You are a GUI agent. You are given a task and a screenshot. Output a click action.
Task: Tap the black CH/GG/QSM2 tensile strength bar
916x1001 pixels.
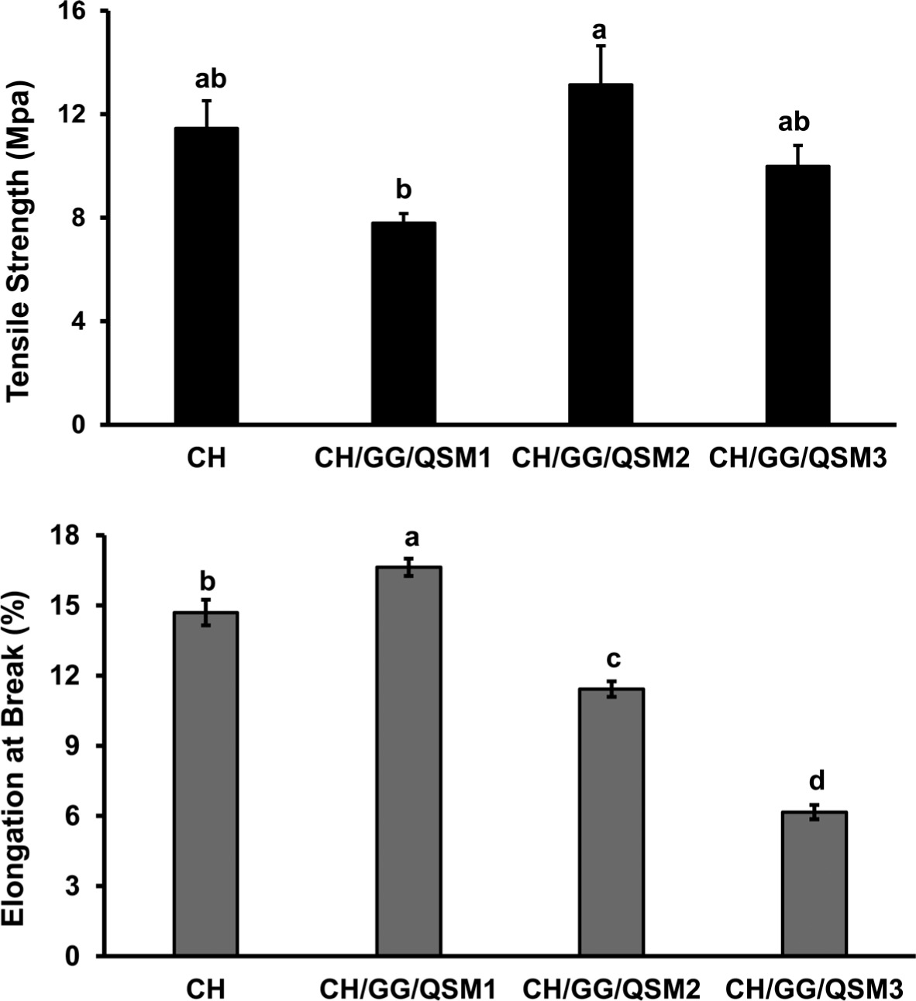(601, 254)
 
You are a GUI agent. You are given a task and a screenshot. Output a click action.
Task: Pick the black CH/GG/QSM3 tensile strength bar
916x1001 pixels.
(797, 294)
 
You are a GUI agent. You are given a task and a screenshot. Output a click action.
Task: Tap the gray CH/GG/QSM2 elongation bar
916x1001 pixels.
(611, 821)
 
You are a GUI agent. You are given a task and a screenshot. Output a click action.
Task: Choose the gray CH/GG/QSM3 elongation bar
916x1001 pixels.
(814, 883)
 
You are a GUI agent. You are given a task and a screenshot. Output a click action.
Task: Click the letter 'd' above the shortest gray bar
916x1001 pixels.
(814, 778)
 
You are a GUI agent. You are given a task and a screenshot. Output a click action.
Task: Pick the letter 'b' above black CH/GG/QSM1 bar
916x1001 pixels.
(404, 189)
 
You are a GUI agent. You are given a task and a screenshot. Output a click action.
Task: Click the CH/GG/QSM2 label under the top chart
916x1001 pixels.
(601, 458)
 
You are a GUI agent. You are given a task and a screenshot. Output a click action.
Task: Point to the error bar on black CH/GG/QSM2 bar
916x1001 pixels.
(601, 64)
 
